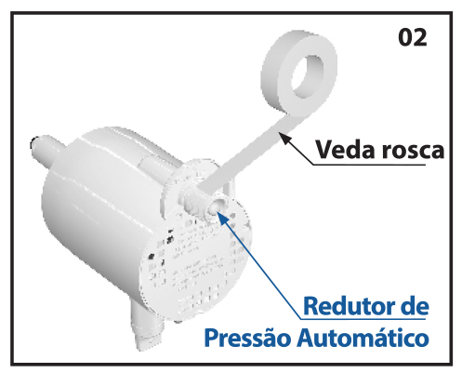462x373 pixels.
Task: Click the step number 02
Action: click(413, 37)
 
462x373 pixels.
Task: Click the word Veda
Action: click(346, 150)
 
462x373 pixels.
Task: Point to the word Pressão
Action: click(247, 338)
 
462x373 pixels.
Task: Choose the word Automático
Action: click(363, 338)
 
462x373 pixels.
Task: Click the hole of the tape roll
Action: click(308, 76)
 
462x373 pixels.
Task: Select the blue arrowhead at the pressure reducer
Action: click(222, 218)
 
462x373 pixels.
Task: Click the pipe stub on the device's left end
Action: click(46, 150)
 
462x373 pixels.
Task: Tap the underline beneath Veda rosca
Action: click(369, 165)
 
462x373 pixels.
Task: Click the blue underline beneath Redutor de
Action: click(363, 319)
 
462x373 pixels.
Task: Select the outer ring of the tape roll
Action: click(299, 73)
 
